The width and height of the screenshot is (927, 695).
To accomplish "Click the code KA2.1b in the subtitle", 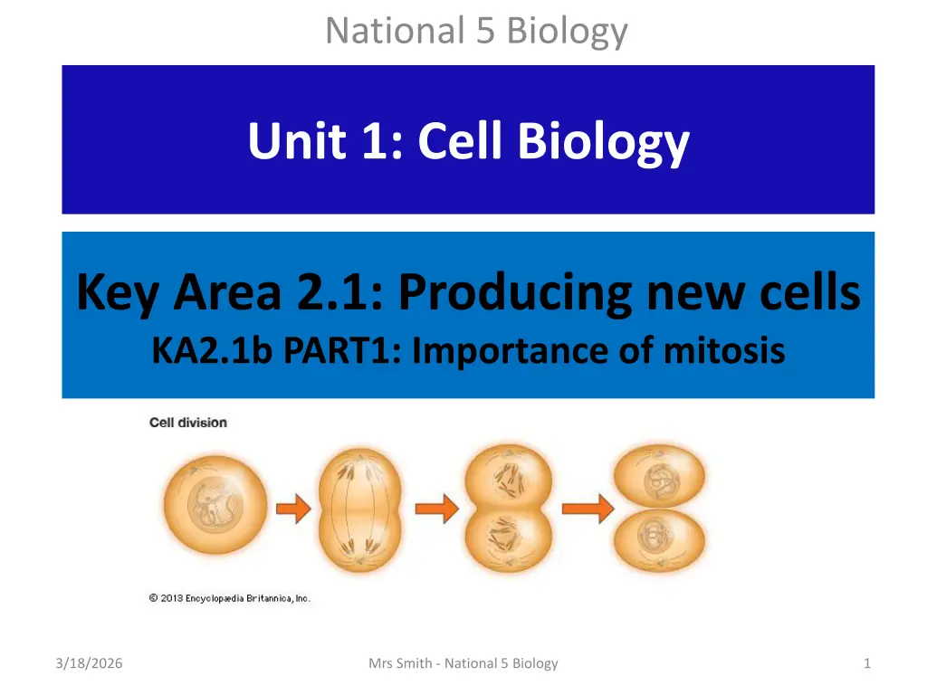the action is pyautogui.click(x=212, y=350).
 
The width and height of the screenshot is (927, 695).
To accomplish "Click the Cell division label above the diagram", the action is pyautogui.click(x=188, y=423).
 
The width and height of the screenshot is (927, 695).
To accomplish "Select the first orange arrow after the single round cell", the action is pyautogui.click(x=293, y=509).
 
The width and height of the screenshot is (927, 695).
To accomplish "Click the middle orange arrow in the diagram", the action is pyautogui.click(x=436, y=509).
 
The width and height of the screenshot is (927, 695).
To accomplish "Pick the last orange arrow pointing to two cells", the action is pyautogui.click(x=588, y=509).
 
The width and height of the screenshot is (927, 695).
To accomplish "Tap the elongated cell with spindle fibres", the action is pyautogui.click(x=360, y=510).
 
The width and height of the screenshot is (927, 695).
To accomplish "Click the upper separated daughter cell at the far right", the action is pyautogui.click(x=660, y=476).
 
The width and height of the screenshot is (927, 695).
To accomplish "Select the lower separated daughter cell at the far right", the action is pyautogui.click(x=660, y=541).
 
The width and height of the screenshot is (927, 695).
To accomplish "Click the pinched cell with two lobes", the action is pyautogui.click(x=509, y=509).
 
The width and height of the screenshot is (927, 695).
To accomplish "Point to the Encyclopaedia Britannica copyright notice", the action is pyautogui.click(x=229, y=598).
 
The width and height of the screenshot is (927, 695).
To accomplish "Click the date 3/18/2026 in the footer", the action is pyautogui.click(x=90, y=663).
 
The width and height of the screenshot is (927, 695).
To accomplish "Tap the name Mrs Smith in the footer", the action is pyautogui.click(x=400, y=663).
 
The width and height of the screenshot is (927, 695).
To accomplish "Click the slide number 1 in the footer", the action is pyautogui.click(x=867, y=663).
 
